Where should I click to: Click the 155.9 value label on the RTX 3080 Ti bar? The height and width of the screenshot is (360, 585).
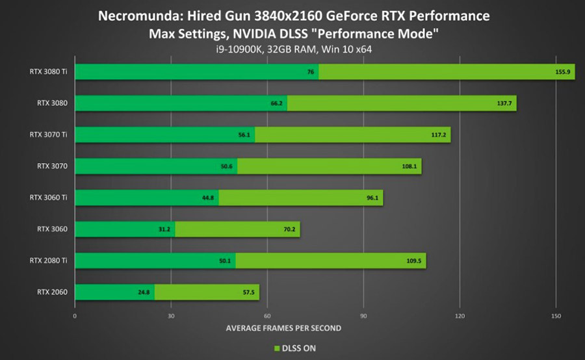563,72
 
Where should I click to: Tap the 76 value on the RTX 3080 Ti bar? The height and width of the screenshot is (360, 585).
311,72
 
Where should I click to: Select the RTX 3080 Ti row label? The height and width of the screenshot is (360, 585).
49,71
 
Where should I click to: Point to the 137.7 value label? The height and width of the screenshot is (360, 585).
504,103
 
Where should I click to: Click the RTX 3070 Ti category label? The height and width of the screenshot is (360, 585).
49,135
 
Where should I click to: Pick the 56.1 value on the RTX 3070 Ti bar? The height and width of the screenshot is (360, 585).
244,135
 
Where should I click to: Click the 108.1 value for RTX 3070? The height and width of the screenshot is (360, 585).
409,166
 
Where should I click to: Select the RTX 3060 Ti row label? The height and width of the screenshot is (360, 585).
49,198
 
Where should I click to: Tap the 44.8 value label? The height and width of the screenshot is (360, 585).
208,198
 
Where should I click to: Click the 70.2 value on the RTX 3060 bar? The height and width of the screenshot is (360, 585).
289,229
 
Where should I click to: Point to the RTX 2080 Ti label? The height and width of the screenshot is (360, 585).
49,261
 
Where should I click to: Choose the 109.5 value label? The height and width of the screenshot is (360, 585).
414,261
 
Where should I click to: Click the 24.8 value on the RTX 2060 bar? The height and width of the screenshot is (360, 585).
144,292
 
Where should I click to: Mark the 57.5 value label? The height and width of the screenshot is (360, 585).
248,292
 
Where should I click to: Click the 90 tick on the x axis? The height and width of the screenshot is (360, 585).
363,316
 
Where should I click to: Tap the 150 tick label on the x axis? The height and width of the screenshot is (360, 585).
556,316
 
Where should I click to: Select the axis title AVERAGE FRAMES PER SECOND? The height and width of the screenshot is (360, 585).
283,328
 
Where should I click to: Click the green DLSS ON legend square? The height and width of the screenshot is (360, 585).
277,348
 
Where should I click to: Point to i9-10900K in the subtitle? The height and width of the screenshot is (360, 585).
239,49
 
